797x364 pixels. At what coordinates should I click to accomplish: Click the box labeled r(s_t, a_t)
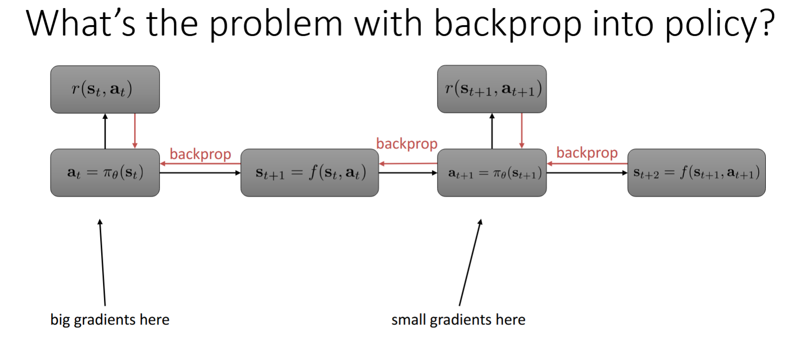point(105,89)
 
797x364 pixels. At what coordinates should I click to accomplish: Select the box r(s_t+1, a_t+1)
point(492,89)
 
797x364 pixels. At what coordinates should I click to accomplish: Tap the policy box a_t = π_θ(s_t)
point(105,173)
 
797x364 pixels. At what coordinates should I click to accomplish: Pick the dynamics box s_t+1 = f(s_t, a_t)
point(309,173)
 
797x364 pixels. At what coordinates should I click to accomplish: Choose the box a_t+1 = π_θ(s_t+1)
point(492,173)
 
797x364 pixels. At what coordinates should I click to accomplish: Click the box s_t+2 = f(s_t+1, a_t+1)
point(696,173)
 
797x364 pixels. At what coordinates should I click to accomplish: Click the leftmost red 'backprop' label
point(200,154)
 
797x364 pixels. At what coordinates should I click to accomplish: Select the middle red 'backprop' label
point(407,144)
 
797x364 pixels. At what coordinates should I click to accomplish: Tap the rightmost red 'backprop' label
point(587,153)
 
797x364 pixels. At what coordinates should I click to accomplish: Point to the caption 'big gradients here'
point(110,320)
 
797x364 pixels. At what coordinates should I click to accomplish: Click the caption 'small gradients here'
point(458,320)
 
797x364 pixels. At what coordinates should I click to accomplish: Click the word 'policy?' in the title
point(720,24)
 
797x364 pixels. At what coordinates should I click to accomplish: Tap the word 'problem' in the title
point(276,24)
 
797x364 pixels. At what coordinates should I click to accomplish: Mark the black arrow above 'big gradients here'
point(102,262)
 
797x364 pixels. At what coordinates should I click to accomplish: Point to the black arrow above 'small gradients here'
point(470,262)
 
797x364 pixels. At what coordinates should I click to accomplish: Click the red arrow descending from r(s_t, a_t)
point(135,131)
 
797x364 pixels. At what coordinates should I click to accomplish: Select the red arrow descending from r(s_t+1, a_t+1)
point(522,131)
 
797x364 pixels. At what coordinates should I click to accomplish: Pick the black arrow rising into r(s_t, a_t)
point(105,131)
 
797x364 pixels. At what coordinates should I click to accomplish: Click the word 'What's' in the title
point(80,24)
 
